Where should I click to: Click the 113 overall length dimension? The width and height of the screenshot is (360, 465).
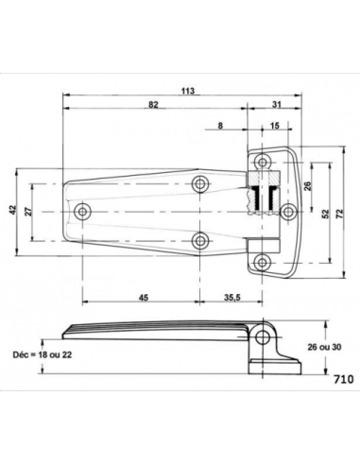[x=188, y=91]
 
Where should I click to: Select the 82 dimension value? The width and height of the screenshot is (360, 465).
[x=153, y=104]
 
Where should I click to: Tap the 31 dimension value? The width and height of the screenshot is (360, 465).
[x=276, y=104]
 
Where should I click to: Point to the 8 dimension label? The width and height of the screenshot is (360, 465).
[x=220, y=126]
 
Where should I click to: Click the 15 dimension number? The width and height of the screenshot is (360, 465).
[x=275, y=126]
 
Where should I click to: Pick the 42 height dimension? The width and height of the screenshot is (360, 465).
[x=12, y=210]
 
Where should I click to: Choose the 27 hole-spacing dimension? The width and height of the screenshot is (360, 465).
[x=28, y=212]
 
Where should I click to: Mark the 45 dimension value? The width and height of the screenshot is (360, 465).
[x=144, y=297]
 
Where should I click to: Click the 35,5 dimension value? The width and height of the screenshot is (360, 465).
[x=232, y=297]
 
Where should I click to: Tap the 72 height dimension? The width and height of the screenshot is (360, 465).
[x=339, y=214]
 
